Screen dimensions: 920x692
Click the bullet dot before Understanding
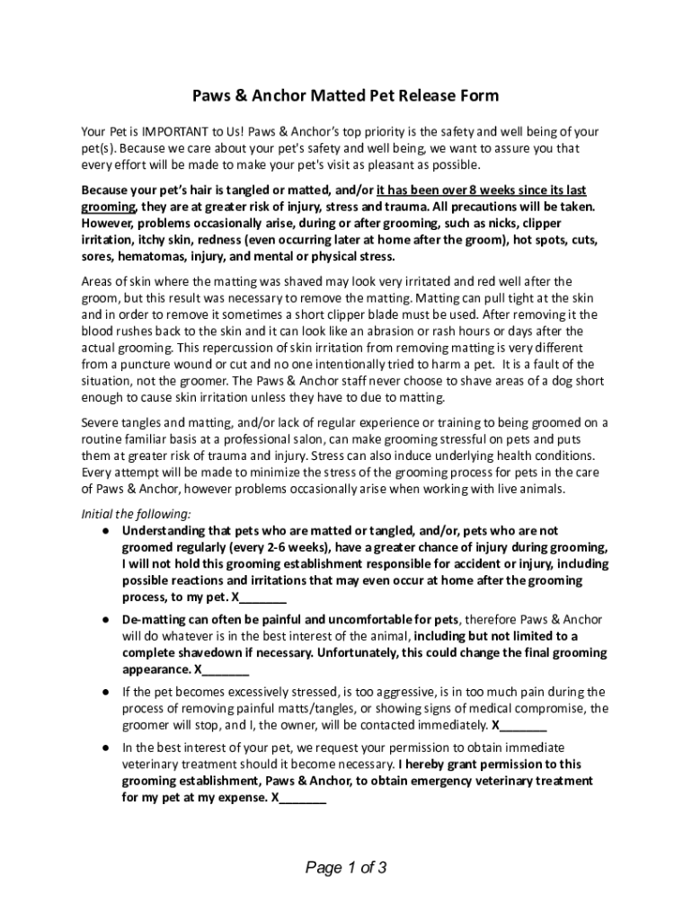[106, 531]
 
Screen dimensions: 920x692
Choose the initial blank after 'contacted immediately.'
[522, 725]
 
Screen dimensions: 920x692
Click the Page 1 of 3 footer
[346, 868]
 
